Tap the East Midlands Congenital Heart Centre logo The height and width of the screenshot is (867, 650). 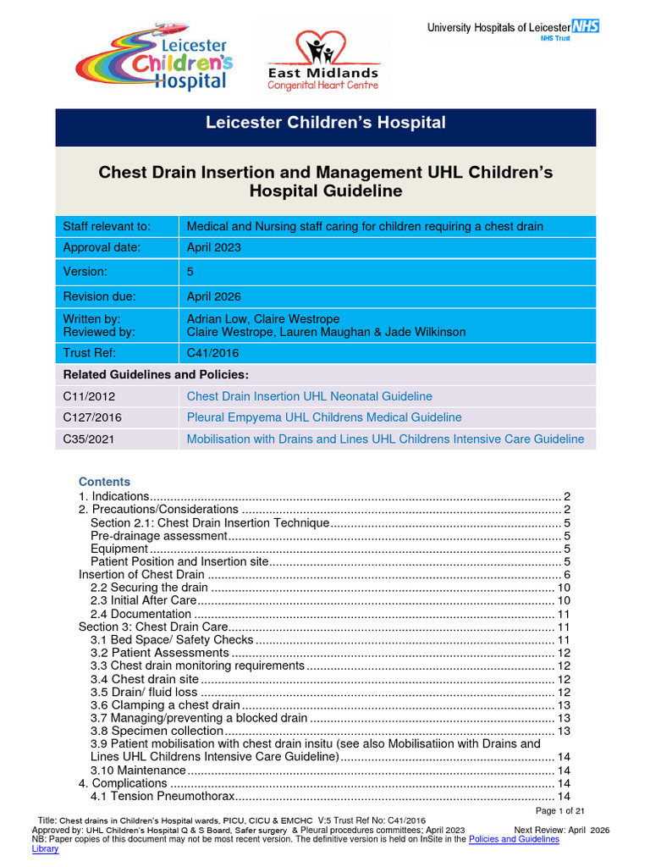pos(323,61)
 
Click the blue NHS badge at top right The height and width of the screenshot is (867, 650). pos(586,26)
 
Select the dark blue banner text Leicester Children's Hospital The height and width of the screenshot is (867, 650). pos(326,123)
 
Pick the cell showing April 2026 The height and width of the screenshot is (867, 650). pos(213,296)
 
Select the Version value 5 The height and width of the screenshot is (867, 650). pos(190,272)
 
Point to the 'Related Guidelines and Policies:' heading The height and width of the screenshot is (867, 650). pos(156,374)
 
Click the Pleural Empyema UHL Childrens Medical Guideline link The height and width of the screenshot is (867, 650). pos(324,417)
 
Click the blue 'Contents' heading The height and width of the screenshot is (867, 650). pos(104,481)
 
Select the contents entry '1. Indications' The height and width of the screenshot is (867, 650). pos(113,496)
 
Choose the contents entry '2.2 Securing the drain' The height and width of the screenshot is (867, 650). pos(148,588)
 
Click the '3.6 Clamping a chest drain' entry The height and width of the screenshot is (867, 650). pos(165,705)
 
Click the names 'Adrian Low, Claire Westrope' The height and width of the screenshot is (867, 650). pos(262,319)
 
